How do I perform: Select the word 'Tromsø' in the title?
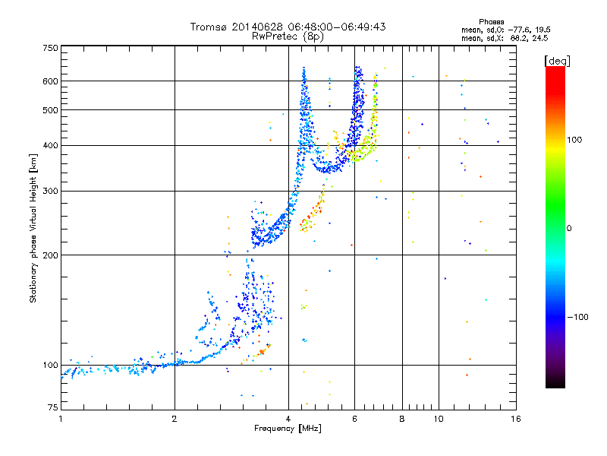209,27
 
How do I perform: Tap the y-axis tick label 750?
50,47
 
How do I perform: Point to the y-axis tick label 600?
50,81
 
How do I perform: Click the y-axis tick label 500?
50,110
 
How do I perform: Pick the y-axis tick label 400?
50,146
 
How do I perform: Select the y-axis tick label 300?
50,192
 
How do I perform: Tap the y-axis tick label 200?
50,255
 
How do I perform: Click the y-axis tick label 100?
50,366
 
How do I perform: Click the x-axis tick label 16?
515,419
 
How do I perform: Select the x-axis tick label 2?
175,419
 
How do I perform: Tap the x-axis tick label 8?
402,419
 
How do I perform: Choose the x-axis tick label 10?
438,419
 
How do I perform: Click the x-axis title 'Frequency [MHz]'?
288,429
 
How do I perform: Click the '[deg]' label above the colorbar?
557,60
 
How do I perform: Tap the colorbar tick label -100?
579,317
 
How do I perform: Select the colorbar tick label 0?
570,228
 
